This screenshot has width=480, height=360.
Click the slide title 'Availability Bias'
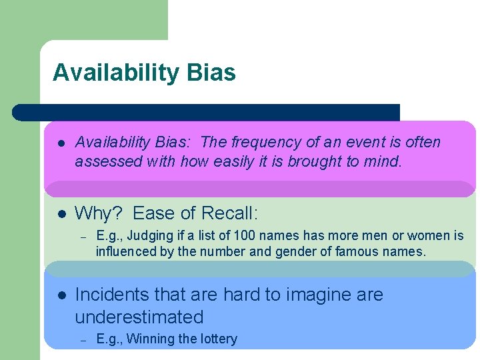point(144,73)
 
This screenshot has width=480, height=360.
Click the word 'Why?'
point(99,213)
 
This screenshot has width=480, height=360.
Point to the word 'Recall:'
point(229,213)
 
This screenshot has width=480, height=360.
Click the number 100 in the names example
point(243,235)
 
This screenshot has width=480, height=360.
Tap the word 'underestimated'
point(139,317)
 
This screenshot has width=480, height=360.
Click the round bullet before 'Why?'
point(60,214)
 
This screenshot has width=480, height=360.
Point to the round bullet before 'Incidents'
point(60,295)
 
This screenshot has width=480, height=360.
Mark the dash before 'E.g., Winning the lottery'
point(83,339)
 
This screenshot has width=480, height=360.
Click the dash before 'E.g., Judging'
point(83,236)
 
